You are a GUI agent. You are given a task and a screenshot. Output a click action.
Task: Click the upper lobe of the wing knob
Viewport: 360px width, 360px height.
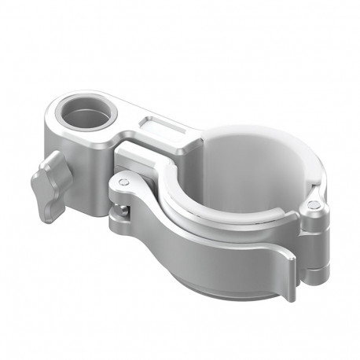point(53,164)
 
